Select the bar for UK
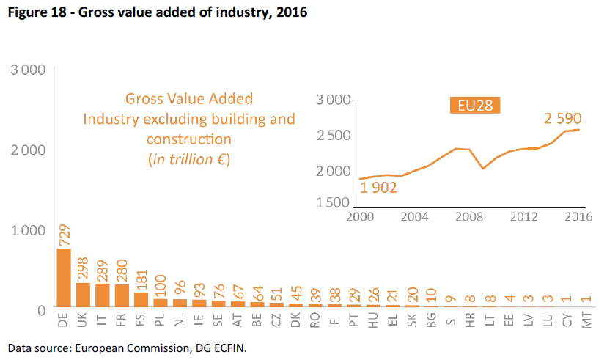(83, 295)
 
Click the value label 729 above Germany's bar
(64, 235)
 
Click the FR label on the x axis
(122, 321)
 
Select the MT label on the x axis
(586, 321)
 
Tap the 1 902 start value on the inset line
(378, 188)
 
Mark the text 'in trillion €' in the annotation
(189, 159)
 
